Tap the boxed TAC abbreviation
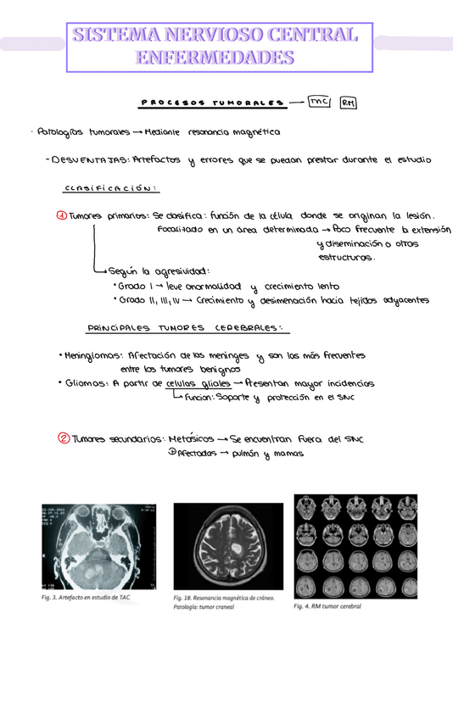click(x=320, y=102)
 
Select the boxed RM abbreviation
click(x=348, y=103)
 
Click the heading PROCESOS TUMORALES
click(x=211, y=103)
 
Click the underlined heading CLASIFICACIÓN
click(x=112, y=188)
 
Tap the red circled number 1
click(x=61, y=215)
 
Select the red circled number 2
click(x=63, y=438)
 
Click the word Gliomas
click(x=85, y=383)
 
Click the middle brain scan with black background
click(x=227, y=545)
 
